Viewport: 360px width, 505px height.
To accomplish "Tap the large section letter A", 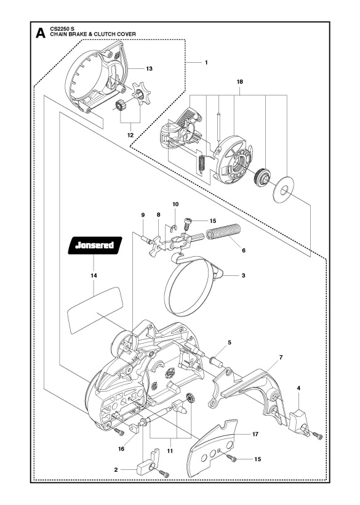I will pyautogui.click(x=40, y=33).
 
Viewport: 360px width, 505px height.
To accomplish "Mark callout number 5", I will pyautogui.click(x=230, y=342).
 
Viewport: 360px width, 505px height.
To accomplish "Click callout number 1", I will pyautogui.click(x=206, y=62).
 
